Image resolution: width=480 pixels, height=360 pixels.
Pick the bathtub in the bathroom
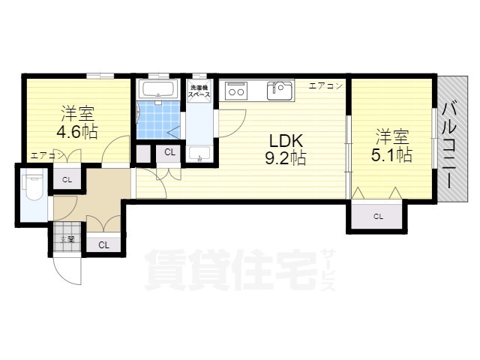[158, 91]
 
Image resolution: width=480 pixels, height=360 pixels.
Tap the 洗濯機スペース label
[199, 92]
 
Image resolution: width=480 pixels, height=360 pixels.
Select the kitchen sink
[280, 91]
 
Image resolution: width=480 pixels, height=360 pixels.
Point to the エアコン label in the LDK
[326, 85]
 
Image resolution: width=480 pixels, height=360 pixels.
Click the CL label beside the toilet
[67, 179]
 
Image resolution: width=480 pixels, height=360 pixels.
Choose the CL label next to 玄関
[103, 244]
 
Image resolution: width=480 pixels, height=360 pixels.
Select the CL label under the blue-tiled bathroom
[169, 152]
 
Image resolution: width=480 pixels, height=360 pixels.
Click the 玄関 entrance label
[67, 240]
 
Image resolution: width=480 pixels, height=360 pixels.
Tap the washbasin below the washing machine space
[198, 154]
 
